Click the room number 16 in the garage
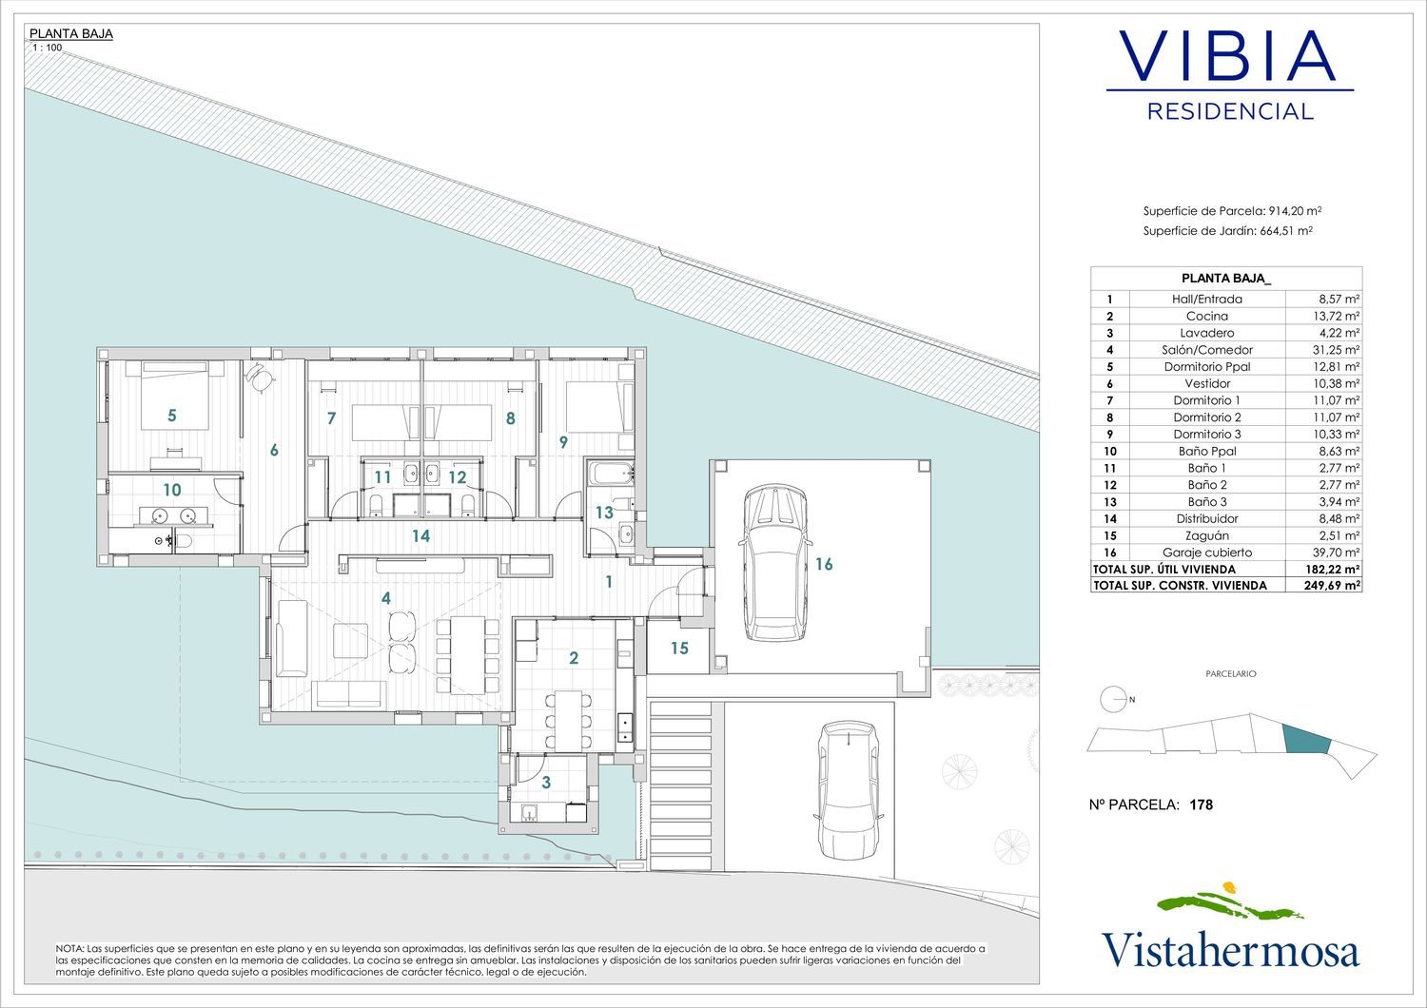pyautogui.click(x=824, y=564)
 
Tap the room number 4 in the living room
pyautogui.click(x=385, y=598)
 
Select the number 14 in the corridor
pyautogui.click(x=420, y=535)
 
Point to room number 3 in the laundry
pyautogui.click(x=546, y=782)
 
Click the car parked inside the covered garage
pyautogui.click(x=775, y=563)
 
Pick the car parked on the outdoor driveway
pyautogui.click(x=849, y=790)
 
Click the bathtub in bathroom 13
pyautogui.click(x=611, y=474)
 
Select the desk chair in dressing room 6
pyautogui.click(x=259, y=377)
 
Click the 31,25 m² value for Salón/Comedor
pyautogui.click(x=1339, y=350)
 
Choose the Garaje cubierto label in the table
pyautogui.click(x=1206, y=552)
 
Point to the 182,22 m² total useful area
pyautogui.click(x=1332, y=570)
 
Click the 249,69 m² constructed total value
pyautogui.click(x=1332, y=585)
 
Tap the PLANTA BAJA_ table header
pyautogui.click(x=1225, y=279)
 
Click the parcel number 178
pyautogui.click(x=1201, y=804)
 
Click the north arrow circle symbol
pyautogui.click(x=1111, y=699)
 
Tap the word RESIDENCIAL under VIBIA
pyautogui.click(x=1230, y=111)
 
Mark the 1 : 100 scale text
pyautogui.click(x=48, y=48)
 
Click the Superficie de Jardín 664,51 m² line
pyautogui.click(x=1227, y=230)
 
